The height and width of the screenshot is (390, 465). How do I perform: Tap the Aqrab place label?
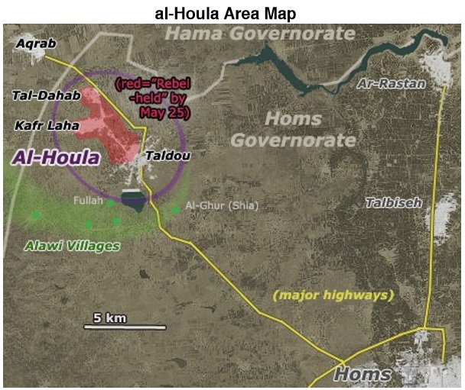35,44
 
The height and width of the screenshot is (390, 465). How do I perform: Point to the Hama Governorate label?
260,34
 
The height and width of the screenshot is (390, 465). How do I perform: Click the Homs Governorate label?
293,129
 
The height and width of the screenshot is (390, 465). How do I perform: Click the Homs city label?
363,375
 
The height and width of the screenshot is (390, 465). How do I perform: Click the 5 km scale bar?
125,327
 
